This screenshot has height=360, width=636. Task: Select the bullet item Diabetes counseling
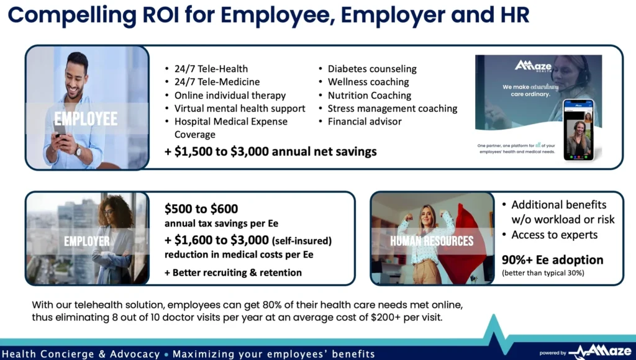click(372, 69)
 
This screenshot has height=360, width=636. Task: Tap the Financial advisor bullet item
click(365, 122)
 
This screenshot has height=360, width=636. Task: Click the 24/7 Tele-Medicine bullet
click(217, 82)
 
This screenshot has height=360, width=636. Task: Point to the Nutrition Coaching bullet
click(370, 95)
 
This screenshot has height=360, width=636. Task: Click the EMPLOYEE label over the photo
click(86, 119)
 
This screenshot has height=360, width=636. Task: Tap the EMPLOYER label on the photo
click(87, 241)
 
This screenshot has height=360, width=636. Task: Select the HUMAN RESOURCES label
click(432, 241)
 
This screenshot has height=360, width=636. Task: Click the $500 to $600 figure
click(201, 209)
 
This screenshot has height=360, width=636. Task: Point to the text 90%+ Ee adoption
click(552, 259)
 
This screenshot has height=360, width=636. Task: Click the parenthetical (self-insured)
click(302, 241)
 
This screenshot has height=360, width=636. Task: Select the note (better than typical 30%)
click(543, 273)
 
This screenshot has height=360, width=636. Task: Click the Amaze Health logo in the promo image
click(534, 66)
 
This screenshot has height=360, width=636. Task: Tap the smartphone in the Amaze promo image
click(579, 130)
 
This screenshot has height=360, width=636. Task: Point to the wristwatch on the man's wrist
click(78, 151)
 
